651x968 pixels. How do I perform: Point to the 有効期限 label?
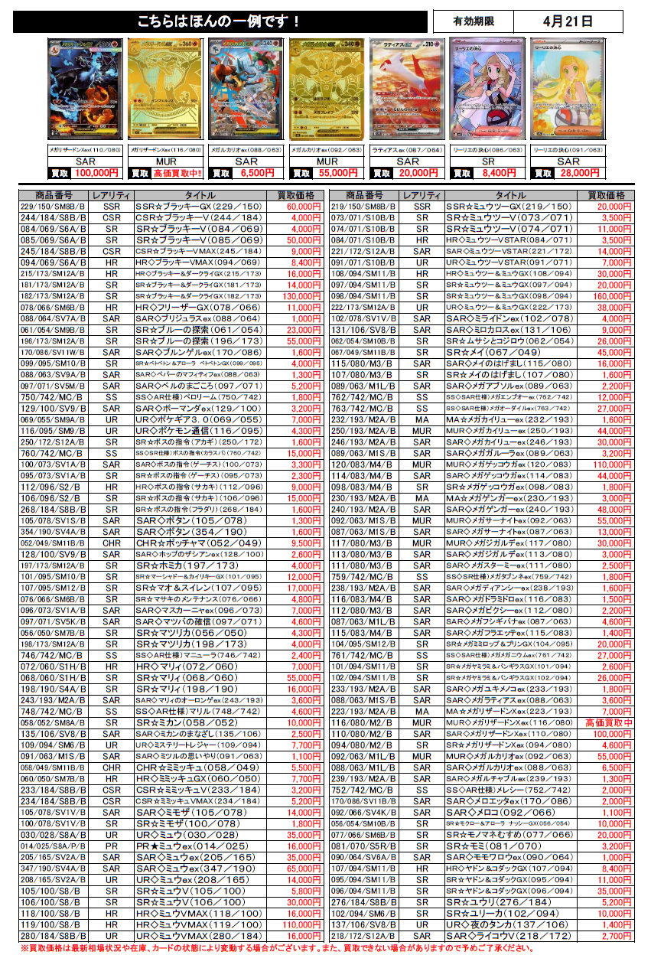(474, 21)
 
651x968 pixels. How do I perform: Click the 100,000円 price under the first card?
(97, 174)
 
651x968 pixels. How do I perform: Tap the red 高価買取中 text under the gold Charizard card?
(177, 174)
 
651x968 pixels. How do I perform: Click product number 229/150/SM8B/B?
(49, 207)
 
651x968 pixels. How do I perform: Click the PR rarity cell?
(112, 847)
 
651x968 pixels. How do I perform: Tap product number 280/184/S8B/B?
(49, 935)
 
